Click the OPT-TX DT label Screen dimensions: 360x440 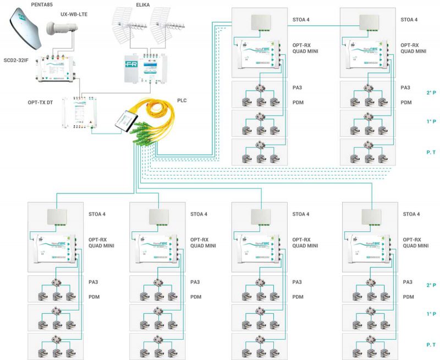(41, 102)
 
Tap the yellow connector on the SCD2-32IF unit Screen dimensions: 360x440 (64, 56)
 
